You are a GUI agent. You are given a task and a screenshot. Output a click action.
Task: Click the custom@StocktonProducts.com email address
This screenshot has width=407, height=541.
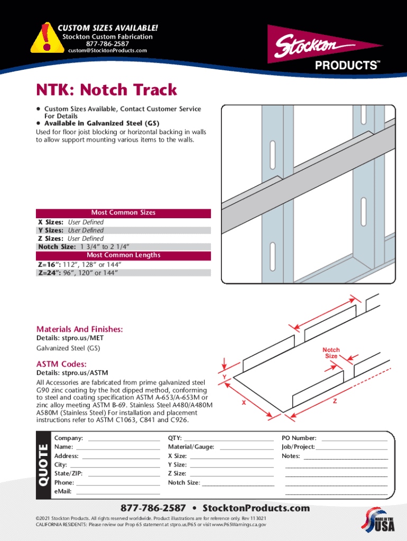tap(107, 51)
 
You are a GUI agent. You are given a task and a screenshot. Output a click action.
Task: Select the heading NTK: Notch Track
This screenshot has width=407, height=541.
tap(106, 90)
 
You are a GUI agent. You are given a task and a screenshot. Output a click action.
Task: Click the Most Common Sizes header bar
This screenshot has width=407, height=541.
tap(123, 213)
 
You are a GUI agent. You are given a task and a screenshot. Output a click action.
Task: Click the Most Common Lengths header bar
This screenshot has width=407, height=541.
tap(123, 255)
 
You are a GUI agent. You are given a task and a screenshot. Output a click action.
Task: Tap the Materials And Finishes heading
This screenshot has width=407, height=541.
tap(79, 329)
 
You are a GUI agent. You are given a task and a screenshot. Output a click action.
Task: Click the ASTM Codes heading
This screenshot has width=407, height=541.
tap(61, 364)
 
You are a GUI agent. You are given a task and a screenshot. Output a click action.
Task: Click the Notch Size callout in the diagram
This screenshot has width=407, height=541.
tap(331, 353)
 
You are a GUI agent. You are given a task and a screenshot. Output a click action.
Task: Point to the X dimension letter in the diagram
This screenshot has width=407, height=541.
tap(243, 403)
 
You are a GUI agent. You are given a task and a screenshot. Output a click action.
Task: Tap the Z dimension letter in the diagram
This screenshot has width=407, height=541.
tap(334, 402)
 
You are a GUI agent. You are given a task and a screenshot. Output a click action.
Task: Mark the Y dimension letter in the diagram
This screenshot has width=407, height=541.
tap(225, 376)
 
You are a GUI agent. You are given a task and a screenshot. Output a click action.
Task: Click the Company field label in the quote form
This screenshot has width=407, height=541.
tap(69, 438)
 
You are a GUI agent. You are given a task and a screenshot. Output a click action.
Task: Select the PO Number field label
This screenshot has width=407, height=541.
tap(299, 438)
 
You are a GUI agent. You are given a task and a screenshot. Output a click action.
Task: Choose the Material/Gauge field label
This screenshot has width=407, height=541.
tap(191, 447)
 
